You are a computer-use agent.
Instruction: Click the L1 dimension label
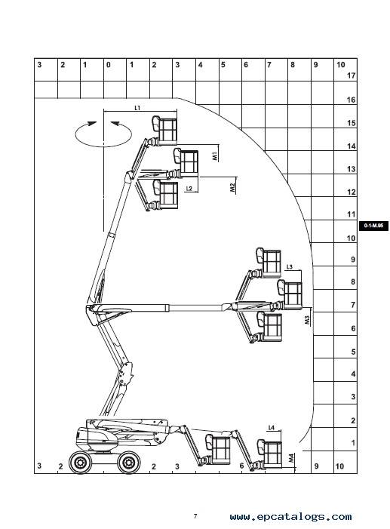point(137,108)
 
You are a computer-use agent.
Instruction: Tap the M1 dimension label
point(215,156)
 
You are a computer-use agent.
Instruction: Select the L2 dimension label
point(189,188)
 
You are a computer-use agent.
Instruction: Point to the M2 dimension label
point(232,188)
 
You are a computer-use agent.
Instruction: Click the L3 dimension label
point(290,267)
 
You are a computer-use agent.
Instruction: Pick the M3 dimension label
point(307,320)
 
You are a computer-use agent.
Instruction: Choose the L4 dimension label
point(272,427)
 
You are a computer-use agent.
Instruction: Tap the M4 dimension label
point(291,458)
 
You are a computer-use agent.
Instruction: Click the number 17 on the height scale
point(352,75)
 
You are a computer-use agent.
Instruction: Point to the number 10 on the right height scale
point(352,238)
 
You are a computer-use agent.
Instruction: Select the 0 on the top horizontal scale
point(109,64)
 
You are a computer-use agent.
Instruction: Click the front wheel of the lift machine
point(129,463)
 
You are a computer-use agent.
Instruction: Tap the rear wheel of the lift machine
point(80,462)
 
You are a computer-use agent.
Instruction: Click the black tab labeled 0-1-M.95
point(373,226)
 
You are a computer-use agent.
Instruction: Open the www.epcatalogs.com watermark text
point(290,516)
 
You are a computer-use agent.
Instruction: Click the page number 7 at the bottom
point(195,516)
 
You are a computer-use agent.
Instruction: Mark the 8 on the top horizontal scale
point(293,64)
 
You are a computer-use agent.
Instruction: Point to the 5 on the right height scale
point(353,352)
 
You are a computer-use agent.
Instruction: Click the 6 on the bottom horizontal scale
point(241,466)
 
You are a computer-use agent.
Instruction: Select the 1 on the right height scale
point(353,443)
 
